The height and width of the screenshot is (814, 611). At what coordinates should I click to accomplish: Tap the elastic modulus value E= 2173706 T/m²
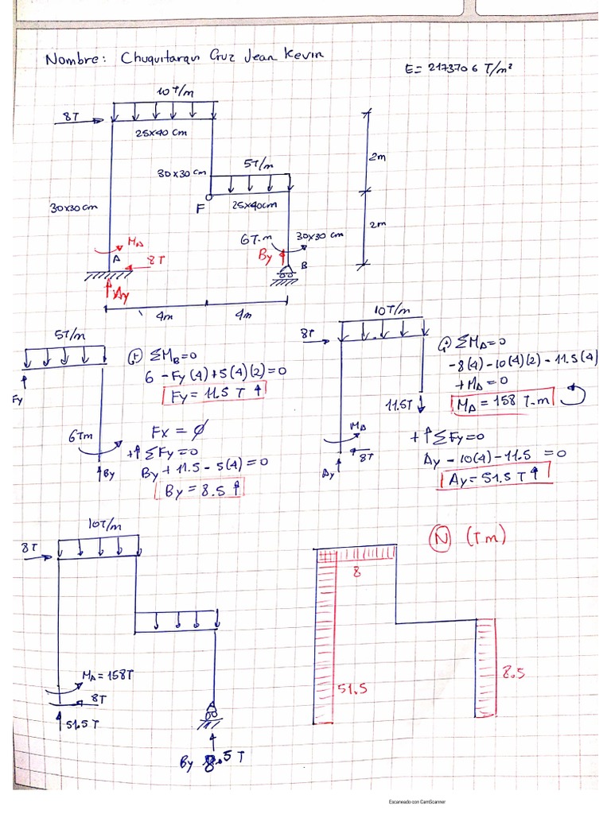pos(457,69)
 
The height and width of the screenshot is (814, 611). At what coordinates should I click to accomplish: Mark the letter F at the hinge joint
pos(200,208)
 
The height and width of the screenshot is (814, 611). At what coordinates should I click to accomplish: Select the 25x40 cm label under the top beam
pos(160,133)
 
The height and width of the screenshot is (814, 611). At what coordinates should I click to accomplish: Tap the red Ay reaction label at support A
pos(119,293)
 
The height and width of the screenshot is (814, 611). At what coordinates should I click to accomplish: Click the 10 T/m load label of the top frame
pos(175,92)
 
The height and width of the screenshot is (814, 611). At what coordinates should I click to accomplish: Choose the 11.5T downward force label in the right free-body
pos(398,406)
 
